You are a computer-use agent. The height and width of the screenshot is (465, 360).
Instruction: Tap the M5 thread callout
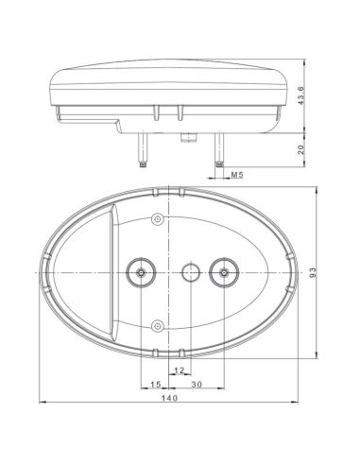coord(237,175)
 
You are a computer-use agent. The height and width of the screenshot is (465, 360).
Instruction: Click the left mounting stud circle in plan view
coord(141,273)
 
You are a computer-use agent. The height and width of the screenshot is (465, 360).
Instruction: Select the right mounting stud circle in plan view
coord(224,273)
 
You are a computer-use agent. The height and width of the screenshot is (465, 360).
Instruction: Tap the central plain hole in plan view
coord(189,273)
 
